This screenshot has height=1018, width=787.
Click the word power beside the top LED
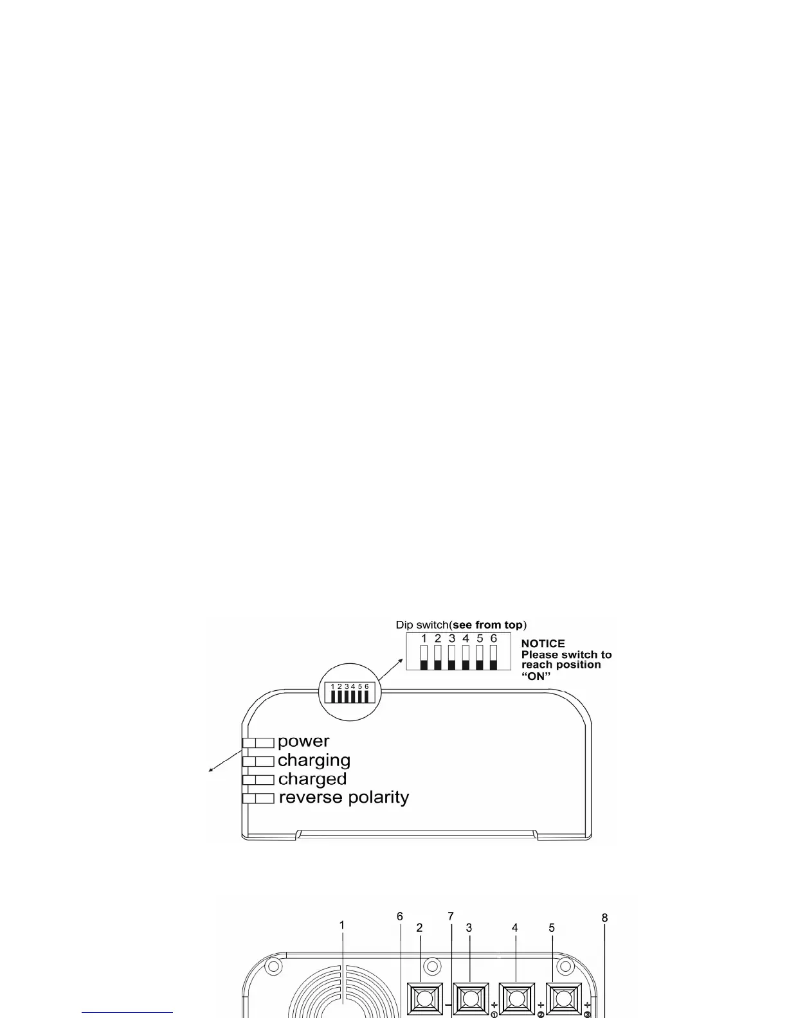tap(303, 742)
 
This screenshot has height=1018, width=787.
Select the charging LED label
tap(314, 760)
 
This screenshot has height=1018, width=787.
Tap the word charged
tap(312, 779)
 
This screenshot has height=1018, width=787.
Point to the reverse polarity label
tap(343, 798)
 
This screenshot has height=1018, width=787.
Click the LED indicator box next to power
tap(258, 743)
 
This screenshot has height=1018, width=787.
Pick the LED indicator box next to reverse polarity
tap(258, 798)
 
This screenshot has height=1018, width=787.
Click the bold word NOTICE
tap(543, 643)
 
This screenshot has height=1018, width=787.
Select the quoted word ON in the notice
tap(536, 675)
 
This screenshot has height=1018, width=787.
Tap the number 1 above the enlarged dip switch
tap(424, 639)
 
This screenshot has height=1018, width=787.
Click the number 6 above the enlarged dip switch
tap(493, 639)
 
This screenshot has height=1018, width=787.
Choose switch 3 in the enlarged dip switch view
tap(451, 657)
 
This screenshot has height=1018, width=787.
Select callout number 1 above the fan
tap(342, 925)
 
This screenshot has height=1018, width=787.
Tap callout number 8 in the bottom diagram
tap(604, 918)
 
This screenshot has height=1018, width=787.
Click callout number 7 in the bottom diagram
tap(451, 916)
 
